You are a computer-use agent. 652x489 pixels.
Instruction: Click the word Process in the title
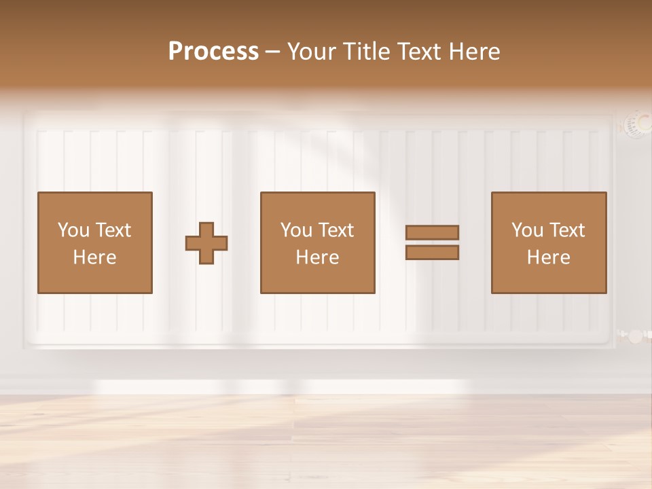pyautogui.click(x=213, y=52)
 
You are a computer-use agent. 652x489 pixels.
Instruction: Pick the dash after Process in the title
pyautogui.click(x=272, y=52)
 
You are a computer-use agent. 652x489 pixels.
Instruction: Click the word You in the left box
pyautogui.click(x=73, y=230)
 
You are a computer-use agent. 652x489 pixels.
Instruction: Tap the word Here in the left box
pyautogui.click(x=95, y=257)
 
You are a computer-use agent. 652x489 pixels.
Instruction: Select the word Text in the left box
pyautogui.click(x=113, y=230)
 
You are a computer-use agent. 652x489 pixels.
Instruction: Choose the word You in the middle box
pyautogui.click(x=296, y=230)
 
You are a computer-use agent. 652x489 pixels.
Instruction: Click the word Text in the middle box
pyautogui.click(x=336, y=230)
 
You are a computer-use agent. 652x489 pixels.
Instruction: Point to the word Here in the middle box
pyautogui.click(x=318, y=257)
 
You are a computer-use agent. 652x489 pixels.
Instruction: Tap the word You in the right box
pyautogui.click(x=527, y=230)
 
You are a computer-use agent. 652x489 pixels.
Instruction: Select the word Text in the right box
pyautogui.click(x=567, y=230)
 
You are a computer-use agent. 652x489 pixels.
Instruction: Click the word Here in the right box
pyautogui.click(x=549, y=257)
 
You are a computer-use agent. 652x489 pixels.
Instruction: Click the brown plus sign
pyautogui.click(x=206, y=243)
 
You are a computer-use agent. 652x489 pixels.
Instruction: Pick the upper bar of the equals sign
pyautogui.click(x=432, y=232)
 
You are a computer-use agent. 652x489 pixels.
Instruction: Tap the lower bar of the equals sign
pyautogui.click(x=432, y=253)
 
